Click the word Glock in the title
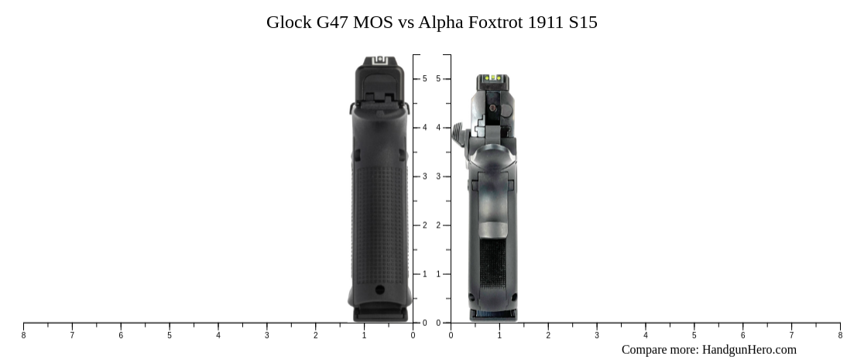287,22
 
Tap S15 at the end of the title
582,22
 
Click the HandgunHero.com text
749,349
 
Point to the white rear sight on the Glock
379,60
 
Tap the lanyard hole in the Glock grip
379,290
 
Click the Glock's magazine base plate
379,313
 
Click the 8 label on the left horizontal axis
23,335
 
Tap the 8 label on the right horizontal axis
840,335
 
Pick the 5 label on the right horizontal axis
694,335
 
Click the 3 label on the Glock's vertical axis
424,177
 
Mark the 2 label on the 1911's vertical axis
438,225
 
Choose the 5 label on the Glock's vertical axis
424,79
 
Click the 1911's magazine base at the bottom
493,314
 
